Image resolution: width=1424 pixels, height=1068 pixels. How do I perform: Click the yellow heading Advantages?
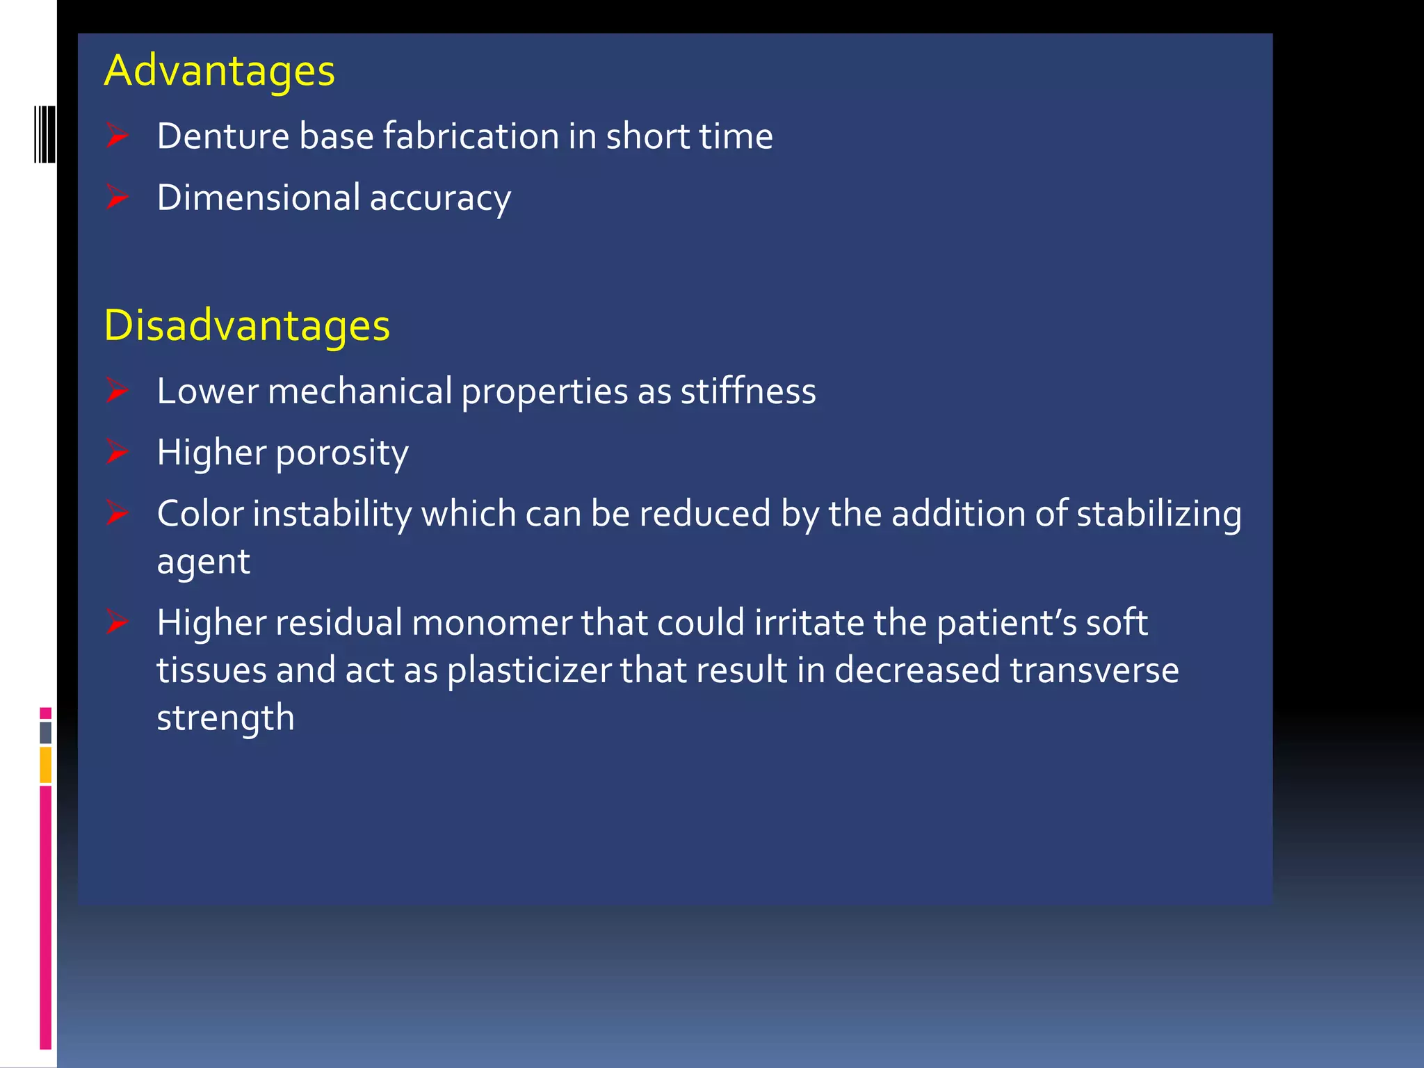click(219, 71)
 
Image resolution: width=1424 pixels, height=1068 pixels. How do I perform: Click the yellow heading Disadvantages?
click(247, 325)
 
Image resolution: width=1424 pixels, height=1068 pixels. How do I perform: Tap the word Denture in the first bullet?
click(222, 136)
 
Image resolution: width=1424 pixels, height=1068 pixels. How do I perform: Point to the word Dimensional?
click(258, 197)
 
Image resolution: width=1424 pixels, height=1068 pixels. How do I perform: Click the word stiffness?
click(747, 391)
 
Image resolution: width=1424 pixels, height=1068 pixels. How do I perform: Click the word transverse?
click(1094, 670)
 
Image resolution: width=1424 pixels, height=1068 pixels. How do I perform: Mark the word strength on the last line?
click(225, 718)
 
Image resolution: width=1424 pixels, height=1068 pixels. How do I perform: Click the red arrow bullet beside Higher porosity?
click(118, 452)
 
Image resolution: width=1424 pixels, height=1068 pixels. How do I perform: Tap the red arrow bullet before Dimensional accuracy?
click(118, 197)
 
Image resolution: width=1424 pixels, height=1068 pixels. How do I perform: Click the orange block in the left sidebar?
click(46, 765)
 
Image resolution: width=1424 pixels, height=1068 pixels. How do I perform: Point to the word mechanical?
click(359, 391)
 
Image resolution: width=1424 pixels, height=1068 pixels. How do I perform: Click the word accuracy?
click(440, 198)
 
